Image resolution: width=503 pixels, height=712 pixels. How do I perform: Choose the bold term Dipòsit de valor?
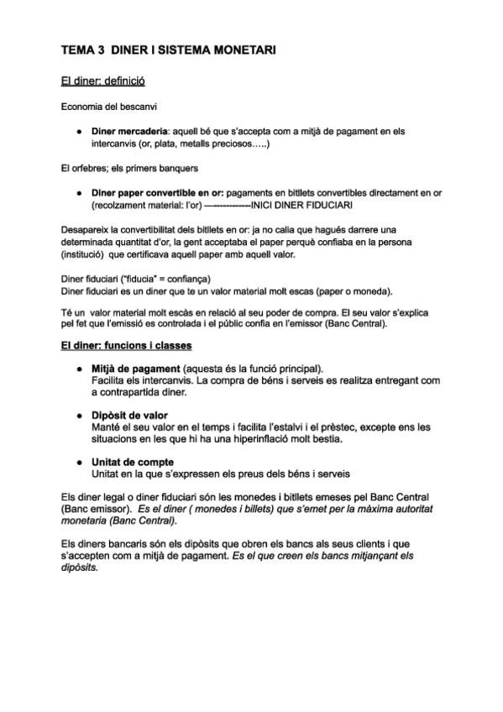point(129,415)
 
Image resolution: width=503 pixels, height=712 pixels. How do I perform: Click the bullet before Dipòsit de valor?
point(77,415)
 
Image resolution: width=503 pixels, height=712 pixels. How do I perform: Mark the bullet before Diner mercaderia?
point(77,131)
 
